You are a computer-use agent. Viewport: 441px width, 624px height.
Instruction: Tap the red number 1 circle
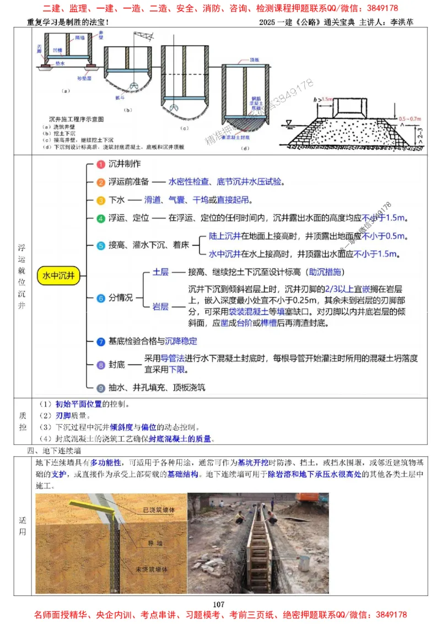(100, 164)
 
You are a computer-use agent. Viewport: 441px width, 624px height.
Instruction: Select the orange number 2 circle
(100, 182)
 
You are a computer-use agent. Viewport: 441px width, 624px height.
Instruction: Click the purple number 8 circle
(100, 365)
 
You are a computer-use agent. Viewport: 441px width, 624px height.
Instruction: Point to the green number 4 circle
(100, 218)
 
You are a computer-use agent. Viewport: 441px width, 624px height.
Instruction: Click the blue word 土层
(160, 272)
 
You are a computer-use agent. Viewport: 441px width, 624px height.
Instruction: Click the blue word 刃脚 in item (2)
(64, 415)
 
